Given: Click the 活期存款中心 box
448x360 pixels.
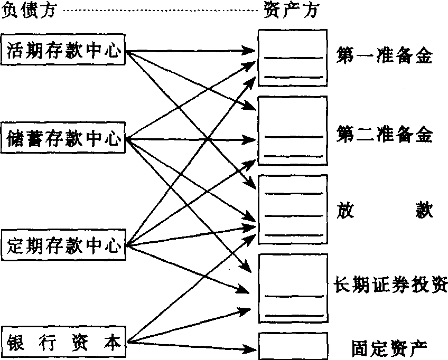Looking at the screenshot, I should point(63,51).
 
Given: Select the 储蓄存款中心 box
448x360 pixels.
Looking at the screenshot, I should point(63,140).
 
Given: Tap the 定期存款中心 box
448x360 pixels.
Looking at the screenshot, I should point(63,245).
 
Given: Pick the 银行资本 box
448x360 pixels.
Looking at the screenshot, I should point(63,342).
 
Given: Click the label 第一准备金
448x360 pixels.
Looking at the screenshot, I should point(384,56).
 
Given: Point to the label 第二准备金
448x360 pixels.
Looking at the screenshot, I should point(384,136).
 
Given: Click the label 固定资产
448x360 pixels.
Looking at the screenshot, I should point(388,347).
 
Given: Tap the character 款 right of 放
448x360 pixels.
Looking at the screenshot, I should point(423,211).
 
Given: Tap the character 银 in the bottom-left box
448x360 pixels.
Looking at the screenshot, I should point(15,342).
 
